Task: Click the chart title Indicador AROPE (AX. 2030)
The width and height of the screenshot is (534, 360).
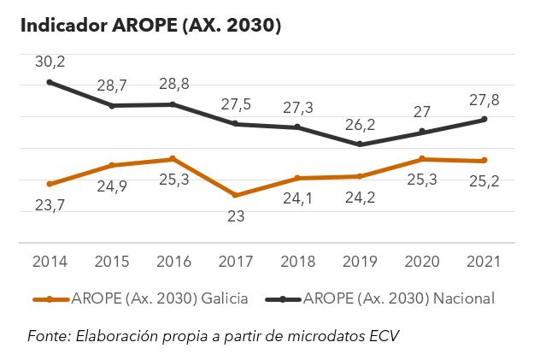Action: click(151, 26)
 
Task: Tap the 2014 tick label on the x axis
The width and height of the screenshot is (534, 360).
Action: click(50, 260)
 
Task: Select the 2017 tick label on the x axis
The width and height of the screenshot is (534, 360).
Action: click(236, 260)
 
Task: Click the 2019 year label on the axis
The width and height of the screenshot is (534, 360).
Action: click(360, 260)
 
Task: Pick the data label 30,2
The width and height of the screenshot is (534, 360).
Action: click(50, 62)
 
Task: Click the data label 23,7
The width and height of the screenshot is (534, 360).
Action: click(50, 205)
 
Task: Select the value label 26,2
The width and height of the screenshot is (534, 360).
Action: click(360, 125)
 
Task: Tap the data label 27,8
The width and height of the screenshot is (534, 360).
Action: click(484, 100)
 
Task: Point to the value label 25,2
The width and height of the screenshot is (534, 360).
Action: click(484, 181)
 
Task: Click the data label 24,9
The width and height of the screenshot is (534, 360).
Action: click(112, 186)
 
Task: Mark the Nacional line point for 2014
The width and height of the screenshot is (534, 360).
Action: click(50, 82)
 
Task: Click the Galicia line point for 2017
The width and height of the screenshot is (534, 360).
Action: click(236, 195)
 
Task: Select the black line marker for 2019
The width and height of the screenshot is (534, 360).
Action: click(360, 145)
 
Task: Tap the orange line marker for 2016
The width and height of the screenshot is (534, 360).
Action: click(173, 159)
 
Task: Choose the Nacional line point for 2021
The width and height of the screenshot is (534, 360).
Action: click(484, 119)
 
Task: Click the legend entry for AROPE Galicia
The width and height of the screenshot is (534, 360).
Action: click(141, 298)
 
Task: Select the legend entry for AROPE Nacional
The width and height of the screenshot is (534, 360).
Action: click(384, 298)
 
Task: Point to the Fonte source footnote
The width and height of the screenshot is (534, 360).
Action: click(214, 335)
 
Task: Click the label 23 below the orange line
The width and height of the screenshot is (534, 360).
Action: click(236, 216)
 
